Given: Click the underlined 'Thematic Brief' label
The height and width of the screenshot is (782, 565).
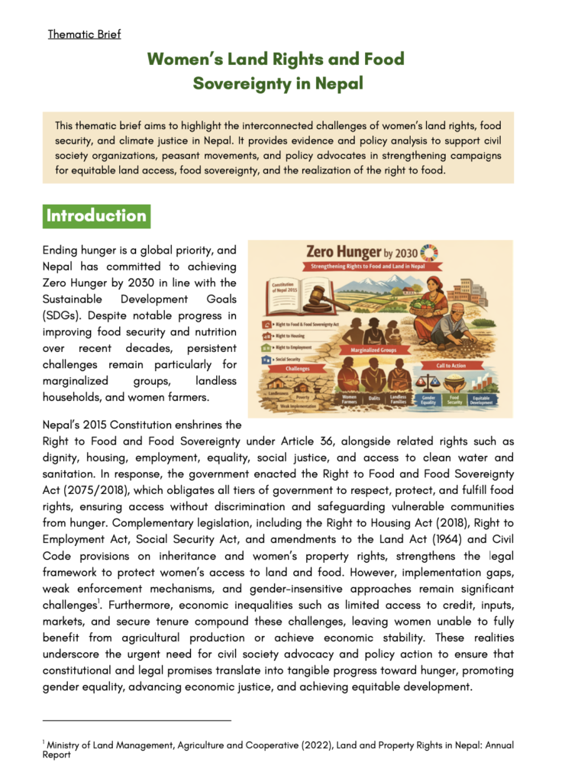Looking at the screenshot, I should pos(84,34).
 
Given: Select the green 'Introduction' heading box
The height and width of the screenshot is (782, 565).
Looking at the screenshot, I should pos(96,216).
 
